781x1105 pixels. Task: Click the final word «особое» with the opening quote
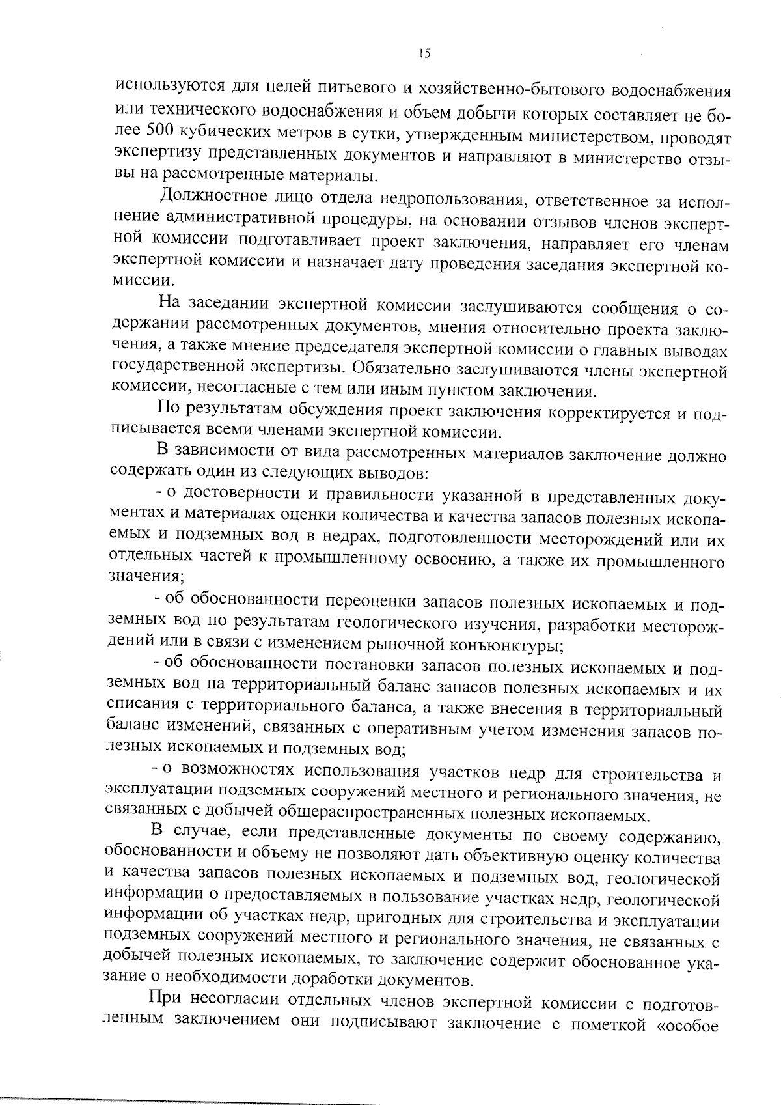coord(691,1022)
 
